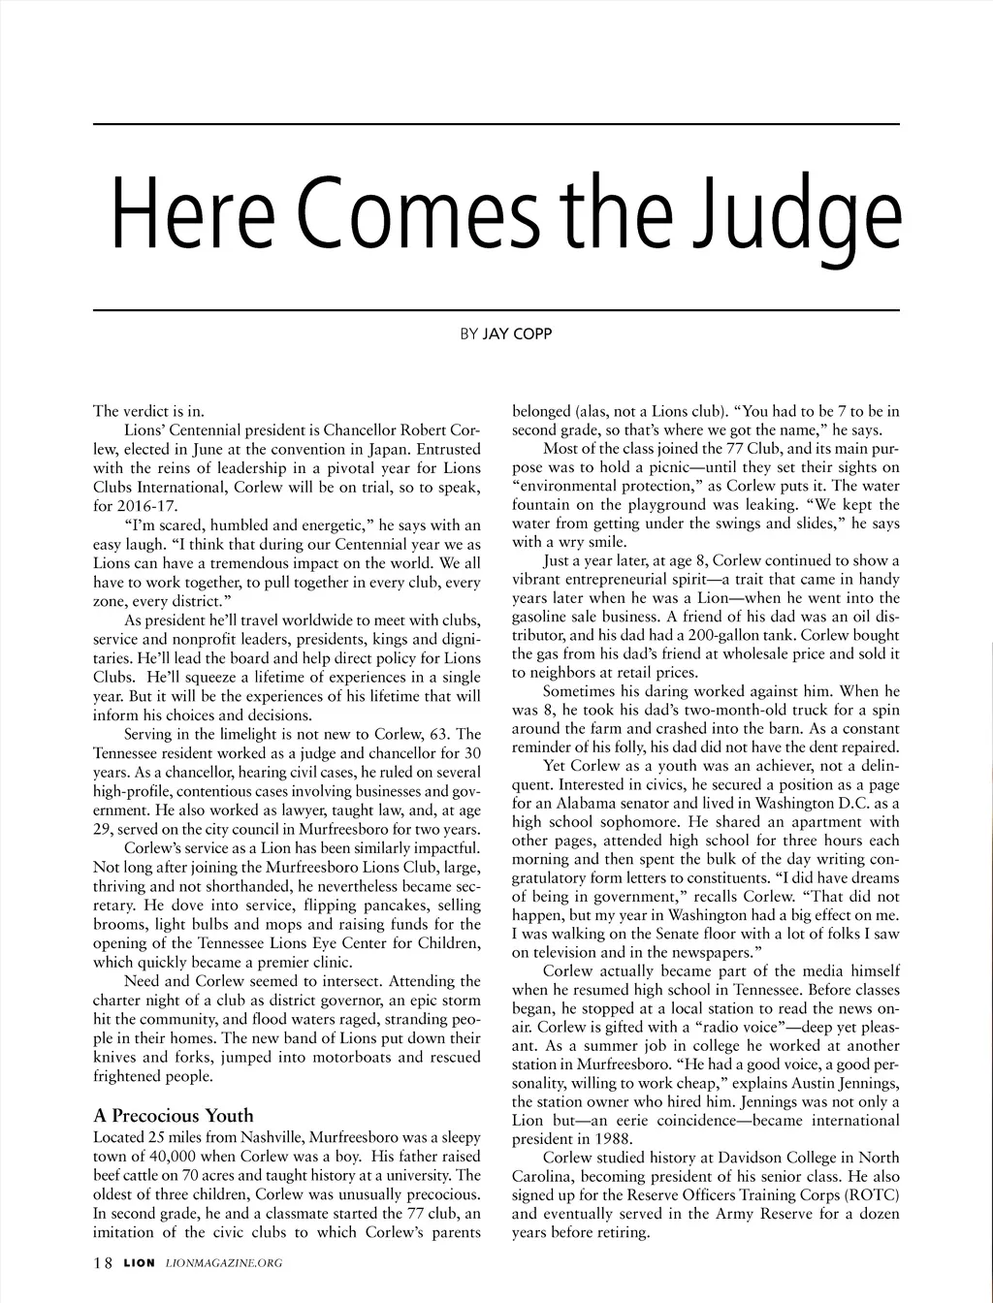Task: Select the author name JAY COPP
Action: tap(518, 334)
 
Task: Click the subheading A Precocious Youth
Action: tap(173, 1115)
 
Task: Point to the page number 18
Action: tap(103, 1263)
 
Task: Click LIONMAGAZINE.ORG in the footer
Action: tap(224, 1264)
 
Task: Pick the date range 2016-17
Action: tap(146, 505)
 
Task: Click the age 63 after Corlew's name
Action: tap(441, 734)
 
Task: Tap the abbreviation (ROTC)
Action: tap(871, 1194)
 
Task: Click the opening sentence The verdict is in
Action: tap(148, 411)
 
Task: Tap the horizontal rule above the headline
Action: tap(496, 124)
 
